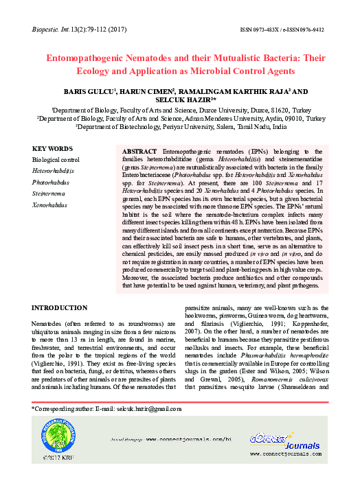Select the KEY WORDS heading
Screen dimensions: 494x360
[x=52, y=148]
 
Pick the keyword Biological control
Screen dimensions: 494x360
[x=56, y=160]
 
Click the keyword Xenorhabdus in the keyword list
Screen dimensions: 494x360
[x=51, y=205]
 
